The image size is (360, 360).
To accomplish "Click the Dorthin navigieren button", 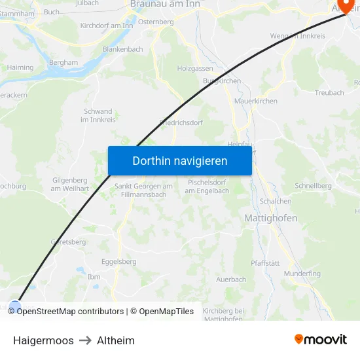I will (180, 160).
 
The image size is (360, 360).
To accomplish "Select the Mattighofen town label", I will (270, 218).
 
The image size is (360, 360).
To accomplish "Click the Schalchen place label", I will (276, 202).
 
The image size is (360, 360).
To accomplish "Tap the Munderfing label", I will (303, 273).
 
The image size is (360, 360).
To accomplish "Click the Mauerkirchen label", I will (256, 101).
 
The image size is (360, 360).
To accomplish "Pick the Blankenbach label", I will (122, 49).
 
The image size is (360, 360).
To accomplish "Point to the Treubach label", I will (329, 93).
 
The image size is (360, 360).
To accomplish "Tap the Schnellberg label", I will (313, 186).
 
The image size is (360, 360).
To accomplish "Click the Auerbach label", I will (231, 279).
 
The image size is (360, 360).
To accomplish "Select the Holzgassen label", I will (194, 68).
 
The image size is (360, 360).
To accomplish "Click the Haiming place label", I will (20, 67).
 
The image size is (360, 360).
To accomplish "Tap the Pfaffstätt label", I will (265, 263).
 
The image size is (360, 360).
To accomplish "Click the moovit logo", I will (321, 339).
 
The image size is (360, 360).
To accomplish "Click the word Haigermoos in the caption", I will (43, 340).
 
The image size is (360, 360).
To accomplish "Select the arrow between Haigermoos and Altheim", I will (85, 340).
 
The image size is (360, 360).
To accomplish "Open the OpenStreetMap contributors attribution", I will (70, 312).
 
